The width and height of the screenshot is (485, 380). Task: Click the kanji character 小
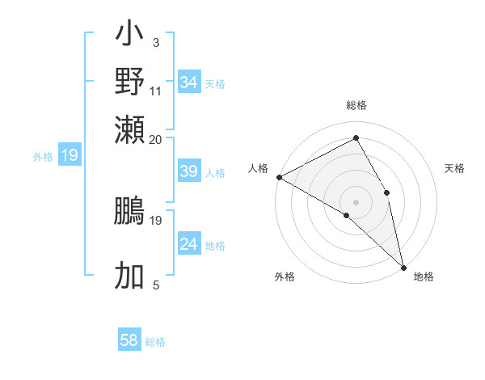129,36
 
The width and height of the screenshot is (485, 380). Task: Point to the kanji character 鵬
129,213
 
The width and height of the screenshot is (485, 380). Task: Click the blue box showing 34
188,82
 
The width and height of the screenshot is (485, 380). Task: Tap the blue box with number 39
188,171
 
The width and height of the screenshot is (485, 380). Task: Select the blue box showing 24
188,244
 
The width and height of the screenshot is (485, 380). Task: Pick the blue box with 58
129,340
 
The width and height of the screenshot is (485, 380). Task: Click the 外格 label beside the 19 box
42,156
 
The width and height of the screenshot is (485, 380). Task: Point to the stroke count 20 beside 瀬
155,138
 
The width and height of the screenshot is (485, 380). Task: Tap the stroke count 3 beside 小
155,42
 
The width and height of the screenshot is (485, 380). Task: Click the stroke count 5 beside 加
155,284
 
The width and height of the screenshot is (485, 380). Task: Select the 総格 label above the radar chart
356,106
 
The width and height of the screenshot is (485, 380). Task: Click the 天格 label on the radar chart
454,168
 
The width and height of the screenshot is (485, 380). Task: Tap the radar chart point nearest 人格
279,176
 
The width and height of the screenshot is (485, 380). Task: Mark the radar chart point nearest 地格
403,267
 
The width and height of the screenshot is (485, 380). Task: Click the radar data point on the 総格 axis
356,138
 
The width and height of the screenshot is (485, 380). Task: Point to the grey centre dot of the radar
356,201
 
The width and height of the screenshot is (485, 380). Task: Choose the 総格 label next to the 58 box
155,342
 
